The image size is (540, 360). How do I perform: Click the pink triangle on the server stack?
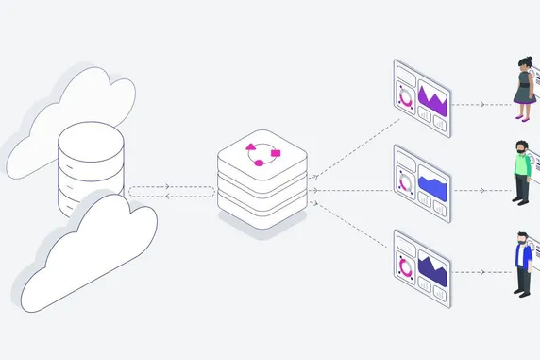click(x=252, y=146)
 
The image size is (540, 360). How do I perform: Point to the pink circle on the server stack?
click(x=260, y=163)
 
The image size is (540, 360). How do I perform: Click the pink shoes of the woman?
click(x=522, y=117)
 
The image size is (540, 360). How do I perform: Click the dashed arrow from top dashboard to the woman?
click(x=481, y=104)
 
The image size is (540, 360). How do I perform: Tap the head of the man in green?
click(x=520, y=149)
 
